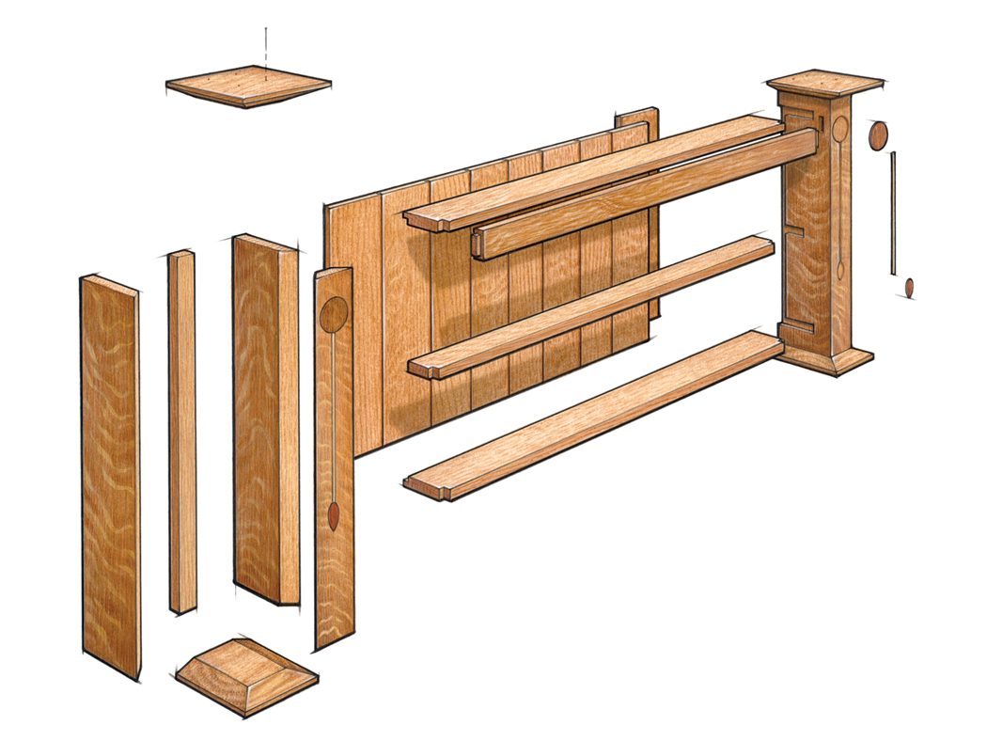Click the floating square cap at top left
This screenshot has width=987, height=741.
(x=248, y=86)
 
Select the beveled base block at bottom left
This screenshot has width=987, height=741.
(x=247, y=676)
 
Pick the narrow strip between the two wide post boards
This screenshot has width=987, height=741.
(x=182, y=433)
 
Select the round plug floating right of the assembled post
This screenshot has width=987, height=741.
(x=877, y=135)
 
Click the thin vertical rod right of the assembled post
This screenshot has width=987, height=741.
(x=893, y=213)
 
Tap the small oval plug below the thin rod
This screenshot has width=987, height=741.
(x=909, y=287)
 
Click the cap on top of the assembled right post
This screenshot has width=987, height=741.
(x=825, y=83)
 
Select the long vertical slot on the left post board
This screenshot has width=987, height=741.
(x=334, y=414)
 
